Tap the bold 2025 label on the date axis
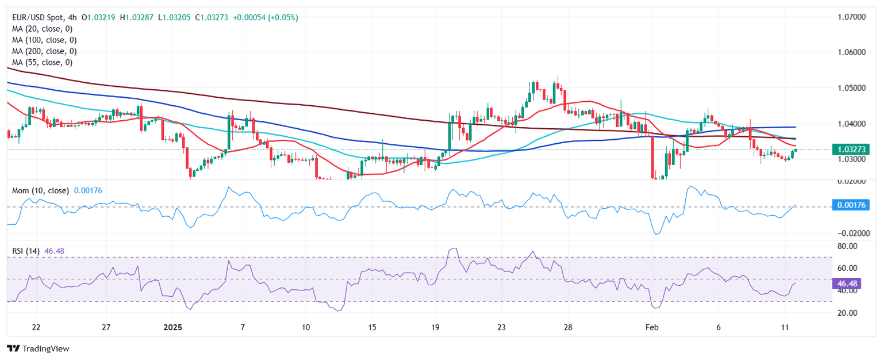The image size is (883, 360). [x=172, y=327]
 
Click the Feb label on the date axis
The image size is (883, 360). [x=651, y=327]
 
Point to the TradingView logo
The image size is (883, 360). [x=37, y=348]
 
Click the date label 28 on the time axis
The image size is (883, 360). [x=567, y=327]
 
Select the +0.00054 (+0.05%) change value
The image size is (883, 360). [x=265, y=18]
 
